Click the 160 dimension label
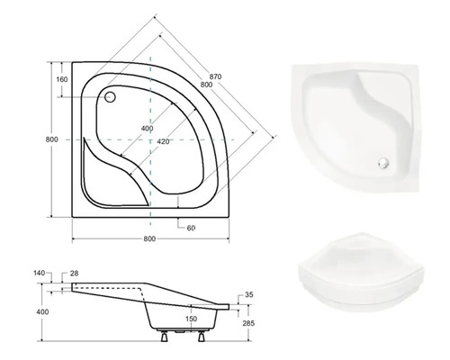tap(62, 79)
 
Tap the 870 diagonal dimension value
tap(215, 76)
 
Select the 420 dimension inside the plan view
tap(163, 141)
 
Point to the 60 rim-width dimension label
tap(191, 228)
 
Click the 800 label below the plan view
tap(149, 238)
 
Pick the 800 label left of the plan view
tap(52, 139)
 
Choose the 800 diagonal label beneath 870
tap(206, 85)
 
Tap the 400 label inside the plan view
tap(147, 129)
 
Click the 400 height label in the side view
tap(42, 312)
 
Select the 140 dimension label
tap(40, 273)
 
